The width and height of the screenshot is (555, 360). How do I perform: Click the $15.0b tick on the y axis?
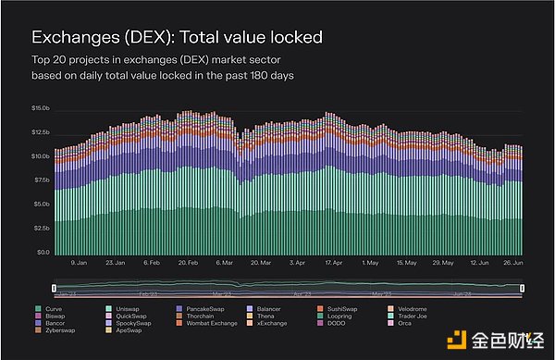[x=40, y=108]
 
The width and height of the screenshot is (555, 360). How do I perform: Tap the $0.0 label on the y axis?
[x=43, y=253]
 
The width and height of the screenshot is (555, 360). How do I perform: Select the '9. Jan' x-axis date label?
[x=79, y=263]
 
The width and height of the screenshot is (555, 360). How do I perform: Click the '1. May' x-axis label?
[x=370, y=263]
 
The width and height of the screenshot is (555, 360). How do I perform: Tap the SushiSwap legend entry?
[x=339, y=306]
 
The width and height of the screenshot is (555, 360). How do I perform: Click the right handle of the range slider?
[x=522, y=290]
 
